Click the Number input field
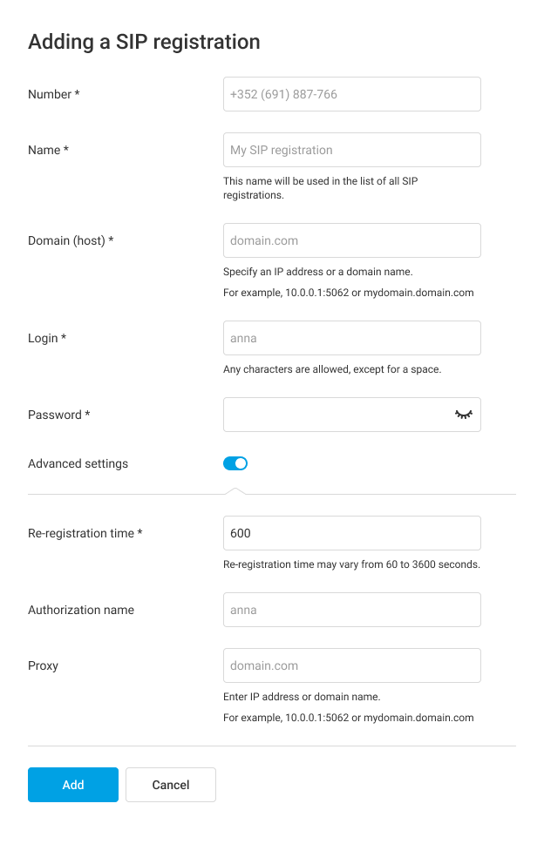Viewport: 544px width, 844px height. tap(351, 94)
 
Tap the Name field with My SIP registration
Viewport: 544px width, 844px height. tap(351, 150)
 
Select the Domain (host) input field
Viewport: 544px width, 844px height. tap(351, 240)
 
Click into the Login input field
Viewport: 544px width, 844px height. tap(351, 338)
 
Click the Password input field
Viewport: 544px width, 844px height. tap(336, 415)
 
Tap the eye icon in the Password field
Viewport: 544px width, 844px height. tap(463, 415)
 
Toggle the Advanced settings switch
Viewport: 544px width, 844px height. tap(235, 463)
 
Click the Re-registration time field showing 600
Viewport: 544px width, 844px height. tap(351, 533)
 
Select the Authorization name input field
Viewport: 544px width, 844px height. tap(351, 610)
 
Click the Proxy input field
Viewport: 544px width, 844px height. tap(351, 665)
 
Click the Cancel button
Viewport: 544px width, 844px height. tap(171, 785)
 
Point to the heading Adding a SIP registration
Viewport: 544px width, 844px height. tap(144, 42)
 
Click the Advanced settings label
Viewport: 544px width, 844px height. tap(78, 463)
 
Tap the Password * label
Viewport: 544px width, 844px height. tap(59, 415)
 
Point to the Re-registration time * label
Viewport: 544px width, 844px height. tap(85, 533)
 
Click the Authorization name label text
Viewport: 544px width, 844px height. tap(81, 610)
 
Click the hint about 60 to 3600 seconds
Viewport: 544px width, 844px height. tap(351, 564)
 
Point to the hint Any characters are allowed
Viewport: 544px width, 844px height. tap(332, 369)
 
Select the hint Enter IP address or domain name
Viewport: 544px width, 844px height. tap(302, 697)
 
